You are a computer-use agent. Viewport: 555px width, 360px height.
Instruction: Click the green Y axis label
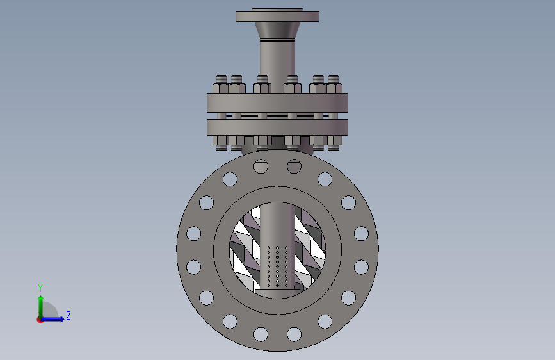pos(40,288)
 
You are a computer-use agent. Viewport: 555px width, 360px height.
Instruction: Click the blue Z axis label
pos(68,315)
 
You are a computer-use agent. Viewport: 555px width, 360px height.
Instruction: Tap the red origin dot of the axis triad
pos(40,320)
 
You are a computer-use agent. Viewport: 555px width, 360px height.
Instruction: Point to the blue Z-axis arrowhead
pos(61,319)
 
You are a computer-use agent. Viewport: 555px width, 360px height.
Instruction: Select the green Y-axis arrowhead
pos(41,298)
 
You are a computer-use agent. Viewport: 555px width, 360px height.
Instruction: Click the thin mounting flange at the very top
pos(278,16)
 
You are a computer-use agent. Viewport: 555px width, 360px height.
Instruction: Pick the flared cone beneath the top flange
pos(278,31)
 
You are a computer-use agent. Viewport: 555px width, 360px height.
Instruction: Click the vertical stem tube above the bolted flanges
pos(278,58)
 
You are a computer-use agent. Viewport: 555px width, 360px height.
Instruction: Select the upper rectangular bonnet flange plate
pos(278,102)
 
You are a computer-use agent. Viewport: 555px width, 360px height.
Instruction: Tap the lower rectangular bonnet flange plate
pos(278,127)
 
